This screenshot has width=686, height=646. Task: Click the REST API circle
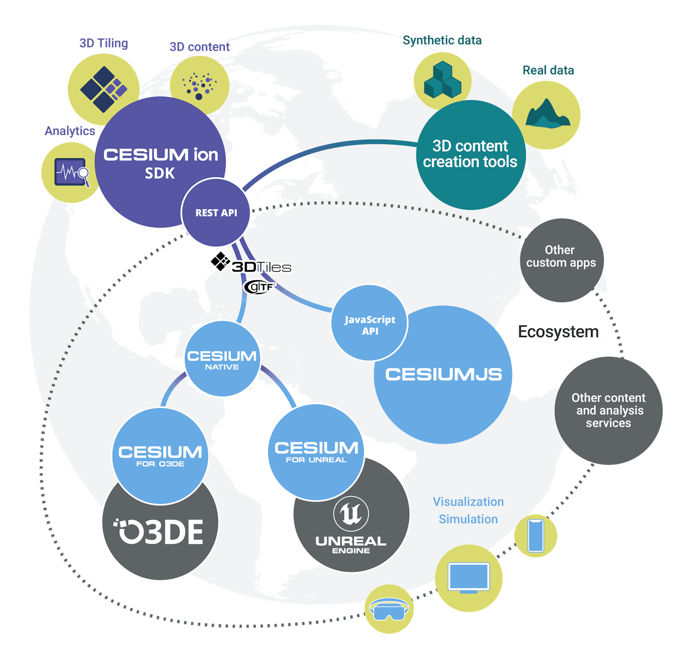[216, 212]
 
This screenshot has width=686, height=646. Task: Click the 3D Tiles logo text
[260, 267]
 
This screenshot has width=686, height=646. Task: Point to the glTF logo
[259, 286]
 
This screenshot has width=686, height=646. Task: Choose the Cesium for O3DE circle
[160, 455]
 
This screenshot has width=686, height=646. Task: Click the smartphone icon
[536, 536]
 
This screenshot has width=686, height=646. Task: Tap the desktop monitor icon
[469, 577]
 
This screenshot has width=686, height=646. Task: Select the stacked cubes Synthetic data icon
[442, 80]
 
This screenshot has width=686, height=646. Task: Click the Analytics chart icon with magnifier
[72, 172]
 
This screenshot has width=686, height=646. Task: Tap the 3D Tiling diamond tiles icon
[103, 89]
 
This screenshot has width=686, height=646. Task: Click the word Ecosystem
[558, 332]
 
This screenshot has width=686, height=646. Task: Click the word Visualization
[468, 502]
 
